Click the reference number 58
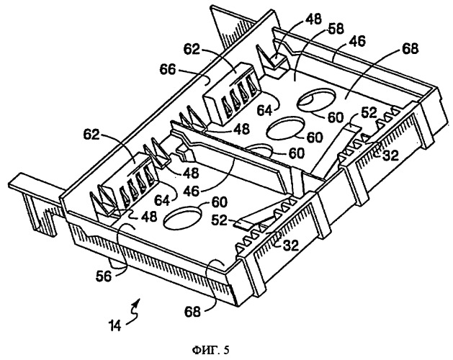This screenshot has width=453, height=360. [x=336, y=30]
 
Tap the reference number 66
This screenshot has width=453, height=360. [x=167, y=69]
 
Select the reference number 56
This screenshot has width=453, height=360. [x=104, y=276]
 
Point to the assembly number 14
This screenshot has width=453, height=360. [x=115, y=325]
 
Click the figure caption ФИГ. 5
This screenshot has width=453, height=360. [x=210, y=350]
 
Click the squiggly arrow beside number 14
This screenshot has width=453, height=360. [x=135, y=312]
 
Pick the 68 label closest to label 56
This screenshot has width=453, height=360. [x=193, y=312]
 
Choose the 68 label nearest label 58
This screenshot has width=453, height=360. [x=410, y=48]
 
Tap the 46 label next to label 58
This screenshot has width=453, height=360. [x=357, y=41]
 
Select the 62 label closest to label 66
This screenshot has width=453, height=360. [x=192, y=49]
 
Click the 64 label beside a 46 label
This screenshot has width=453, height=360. [x=163, y=200]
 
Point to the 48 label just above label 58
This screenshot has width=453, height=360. [x=313, y=19]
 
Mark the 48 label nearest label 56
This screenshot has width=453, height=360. [x=149, y=216]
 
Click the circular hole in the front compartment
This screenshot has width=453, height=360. [x=183, y=217]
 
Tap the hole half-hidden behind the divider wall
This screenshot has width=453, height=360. [x=259, y=148]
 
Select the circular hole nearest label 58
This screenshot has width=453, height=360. [x=317, y=99]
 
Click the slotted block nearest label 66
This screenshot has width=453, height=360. [x=233, y=91]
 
